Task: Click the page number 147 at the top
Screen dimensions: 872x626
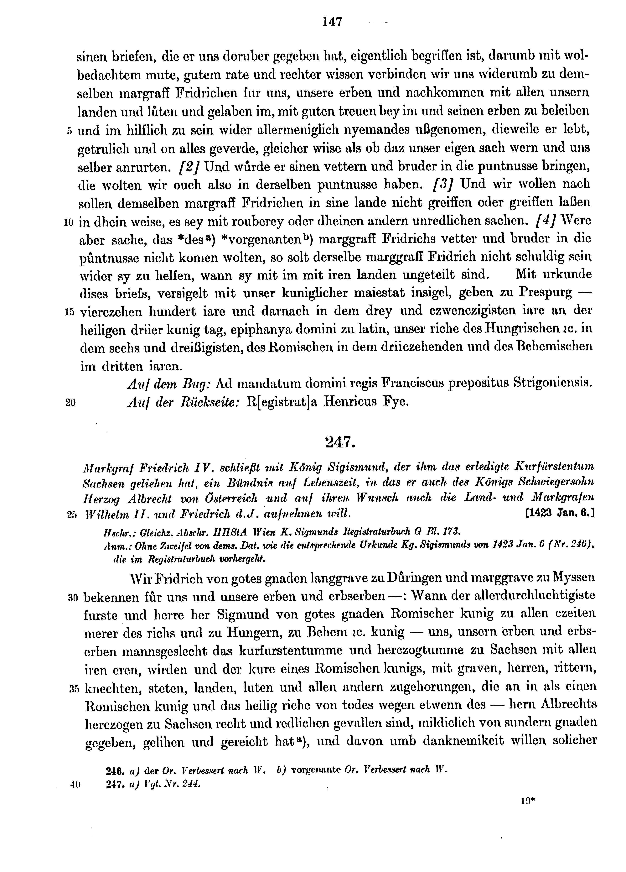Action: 332,22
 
